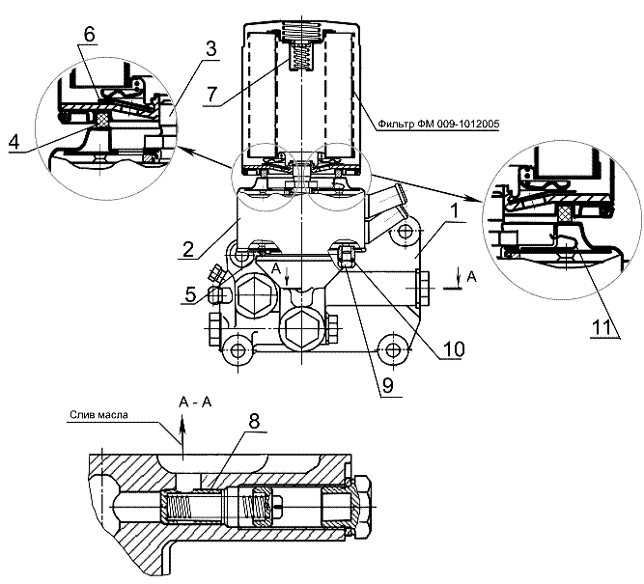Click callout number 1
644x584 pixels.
click(454, 212)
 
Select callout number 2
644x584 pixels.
click(187, 249)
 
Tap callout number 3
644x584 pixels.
click(210, 49)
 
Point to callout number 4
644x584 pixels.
click(14, 142)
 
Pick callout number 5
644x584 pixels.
click(190, 294)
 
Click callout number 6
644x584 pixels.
click(89, 35)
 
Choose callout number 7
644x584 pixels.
click(211, 95)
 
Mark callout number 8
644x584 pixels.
click(255, 421)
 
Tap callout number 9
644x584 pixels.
click(388, 386)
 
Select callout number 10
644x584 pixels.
click(453, 349)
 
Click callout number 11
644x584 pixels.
click(602, 327)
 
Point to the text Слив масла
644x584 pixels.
click(98, 415)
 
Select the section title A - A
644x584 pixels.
click(195, 403)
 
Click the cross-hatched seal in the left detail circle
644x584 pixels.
click(102, 120)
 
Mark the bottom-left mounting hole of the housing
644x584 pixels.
click(238, 350)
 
